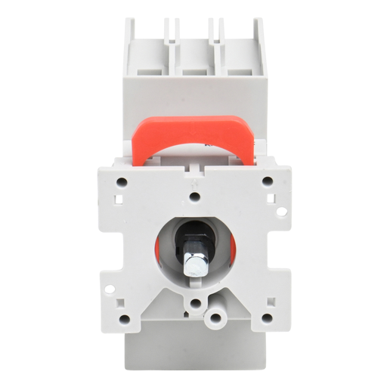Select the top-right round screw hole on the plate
click(267, 181)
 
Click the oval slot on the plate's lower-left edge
click(110, 288)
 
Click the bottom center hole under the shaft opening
click(195, 303)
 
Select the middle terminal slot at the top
click(196, 57)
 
